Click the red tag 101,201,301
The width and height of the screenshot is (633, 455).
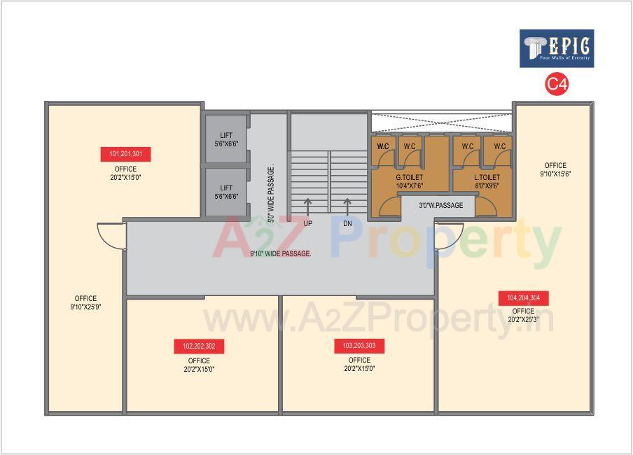[126, 154]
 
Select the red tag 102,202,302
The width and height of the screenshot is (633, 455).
[199, 346]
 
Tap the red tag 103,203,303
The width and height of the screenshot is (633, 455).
[359, 346]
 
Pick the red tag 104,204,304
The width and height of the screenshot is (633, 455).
[523, 298]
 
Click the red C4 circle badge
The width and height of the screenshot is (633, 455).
[557, 85]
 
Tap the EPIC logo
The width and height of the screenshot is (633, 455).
[557, 48]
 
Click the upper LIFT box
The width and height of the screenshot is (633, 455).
[226, 139]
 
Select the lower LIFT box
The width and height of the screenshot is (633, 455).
[226, 192]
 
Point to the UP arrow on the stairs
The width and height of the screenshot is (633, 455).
[307, 206]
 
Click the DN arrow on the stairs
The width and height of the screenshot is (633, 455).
[347, 206]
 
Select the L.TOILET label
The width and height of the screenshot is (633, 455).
[487, 181]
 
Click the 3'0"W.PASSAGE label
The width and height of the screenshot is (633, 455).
[441, 206]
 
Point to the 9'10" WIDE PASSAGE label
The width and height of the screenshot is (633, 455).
[280, 253]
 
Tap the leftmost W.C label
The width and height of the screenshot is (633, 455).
[383, 146]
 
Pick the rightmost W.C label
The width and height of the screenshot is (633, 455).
[499, 146]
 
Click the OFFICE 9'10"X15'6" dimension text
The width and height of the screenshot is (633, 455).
[555, 173]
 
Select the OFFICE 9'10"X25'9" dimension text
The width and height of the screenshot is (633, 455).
[85, 307]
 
